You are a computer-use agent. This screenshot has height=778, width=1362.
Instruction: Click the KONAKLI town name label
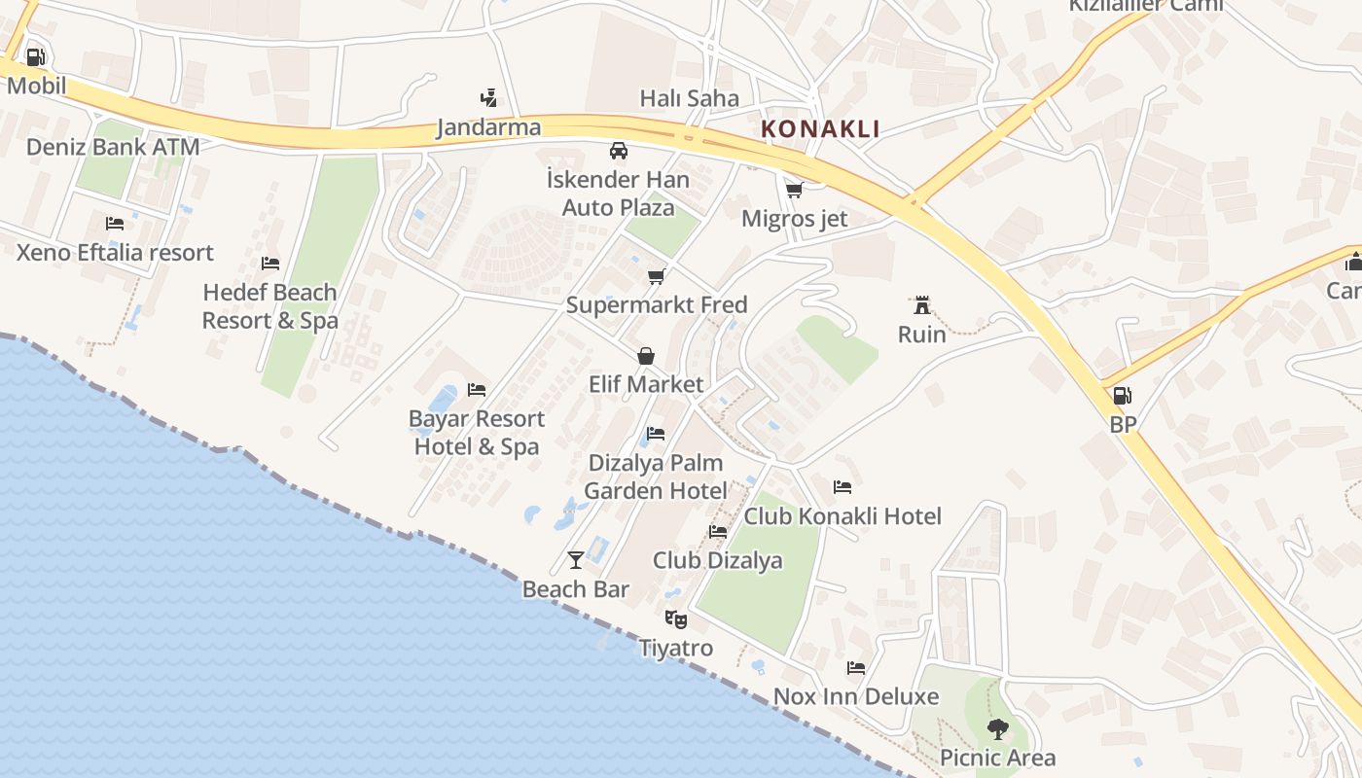tap(820, 128)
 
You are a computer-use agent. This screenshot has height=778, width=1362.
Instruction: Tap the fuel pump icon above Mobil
tap(35, 56)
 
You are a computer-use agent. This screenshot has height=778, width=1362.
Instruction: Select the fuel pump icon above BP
tap(1122, 396)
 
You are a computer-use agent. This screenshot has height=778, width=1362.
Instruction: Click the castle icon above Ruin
tap(921, 305)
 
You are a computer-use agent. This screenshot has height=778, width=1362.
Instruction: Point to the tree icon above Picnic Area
tap(997, 728)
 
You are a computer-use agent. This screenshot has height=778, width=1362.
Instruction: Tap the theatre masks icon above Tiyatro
tap(675, 619)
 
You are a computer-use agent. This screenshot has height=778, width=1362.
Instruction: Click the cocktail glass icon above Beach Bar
tap(576, 559)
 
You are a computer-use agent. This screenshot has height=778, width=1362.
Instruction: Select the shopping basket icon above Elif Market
tap(645, 356)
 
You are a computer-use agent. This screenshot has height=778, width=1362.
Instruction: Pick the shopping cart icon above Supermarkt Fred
tap(657, 276)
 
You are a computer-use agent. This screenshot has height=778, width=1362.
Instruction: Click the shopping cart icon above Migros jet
tap(795, 190)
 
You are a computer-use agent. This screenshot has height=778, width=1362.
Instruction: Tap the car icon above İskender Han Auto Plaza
tap(618, 151)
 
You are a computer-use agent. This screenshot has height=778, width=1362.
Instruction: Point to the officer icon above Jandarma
tap(488, 97)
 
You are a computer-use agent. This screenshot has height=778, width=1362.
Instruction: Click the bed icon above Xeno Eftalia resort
tap(115, 224)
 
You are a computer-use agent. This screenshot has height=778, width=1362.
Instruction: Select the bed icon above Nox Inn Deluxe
tap(856, 667)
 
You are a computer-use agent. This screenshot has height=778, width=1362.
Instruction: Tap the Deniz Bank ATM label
tap(113, 147)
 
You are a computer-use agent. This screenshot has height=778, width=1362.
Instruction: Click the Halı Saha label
tap(689, 98)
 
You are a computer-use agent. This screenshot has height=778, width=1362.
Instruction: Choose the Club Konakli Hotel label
tap(842, 515)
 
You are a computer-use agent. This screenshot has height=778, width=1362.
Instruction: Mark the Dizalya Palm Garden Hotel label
tap(656, 477)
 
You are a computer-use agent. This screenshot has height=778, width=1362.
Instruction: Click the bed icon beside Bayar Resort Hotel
tap(477, 390)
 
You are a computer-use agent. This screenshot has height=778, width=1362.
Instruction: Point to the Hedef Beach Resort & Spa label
tap(270, 306)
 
